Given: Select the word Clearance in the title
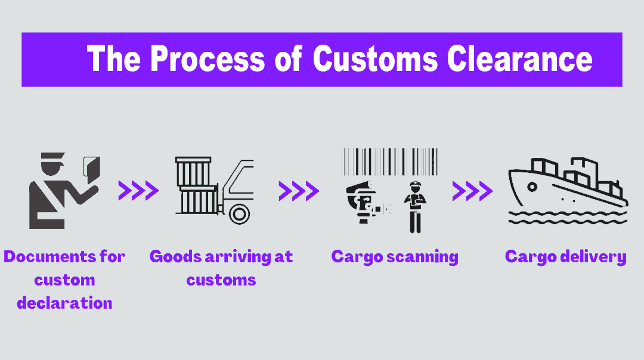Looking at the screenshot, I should point(520,60).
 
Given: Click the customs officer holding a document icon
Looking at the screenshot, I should point(60,191).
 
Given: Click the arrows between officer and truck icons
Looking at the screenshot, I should point(138,191).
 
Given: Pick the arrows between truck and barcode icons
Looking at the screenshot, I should point(299,191).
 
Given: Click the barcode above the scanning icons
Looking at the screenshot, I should point(389,162).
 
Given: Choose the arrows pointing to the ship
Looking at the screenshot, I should point(472,191).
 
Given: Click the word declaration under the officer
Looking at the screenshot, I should point(64,303).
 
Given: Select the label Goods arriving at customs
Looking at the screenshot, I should point(221,268).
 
